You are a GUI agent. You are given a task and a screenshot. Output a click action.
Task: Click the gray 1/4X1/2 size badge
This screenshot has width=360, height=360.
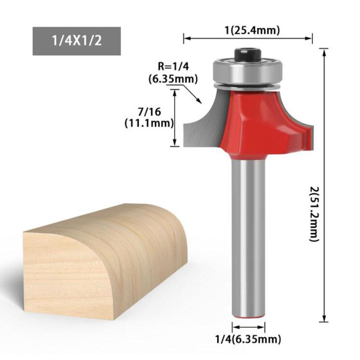point(76,41)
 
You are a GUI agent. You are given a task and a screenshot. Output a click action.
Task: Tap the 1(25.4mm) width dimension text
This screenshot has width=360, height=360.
point(252,30)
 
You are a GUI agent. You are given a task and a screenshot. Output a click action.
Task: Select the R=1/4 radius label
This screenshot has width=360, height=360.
point(173,67)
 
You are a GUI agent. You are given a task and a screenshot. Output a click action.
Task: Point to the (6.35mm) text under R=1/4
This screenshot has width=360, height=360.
point(173,79)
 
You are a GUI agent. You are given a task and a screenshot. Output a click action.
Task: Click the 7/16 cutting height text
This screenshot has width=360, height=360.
point(149,112)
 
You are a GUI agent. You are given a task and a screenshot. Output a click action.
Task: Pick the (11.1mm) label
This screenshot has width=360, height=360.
point(149,123)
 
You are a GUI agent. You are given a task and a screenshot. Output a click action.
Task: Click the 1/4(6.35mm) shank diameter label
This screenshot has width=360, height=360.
point(248,339)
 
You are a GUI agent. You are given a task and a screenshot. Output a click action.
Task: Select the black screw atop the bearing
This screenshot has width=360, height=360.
point(248,54)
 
